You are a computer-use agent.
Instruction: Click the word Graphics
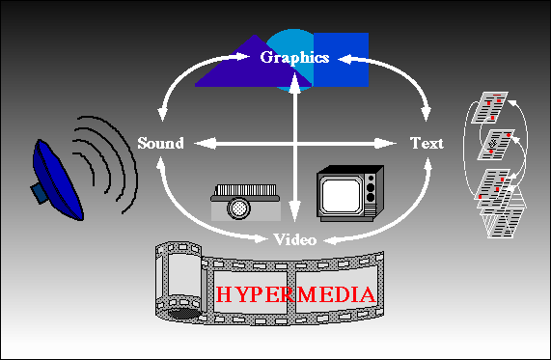click(294, 57)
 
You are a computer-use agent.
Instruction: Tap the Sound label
click(160, 143)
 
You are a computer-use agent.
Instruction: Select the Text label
click(427, 143)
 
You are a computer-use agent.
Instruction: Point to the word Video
click(295, 238)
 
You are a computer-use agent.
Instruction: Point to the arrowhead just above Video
click(295, 221)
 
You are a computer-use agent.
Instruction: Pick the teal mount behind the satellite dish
click(38, 193)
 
